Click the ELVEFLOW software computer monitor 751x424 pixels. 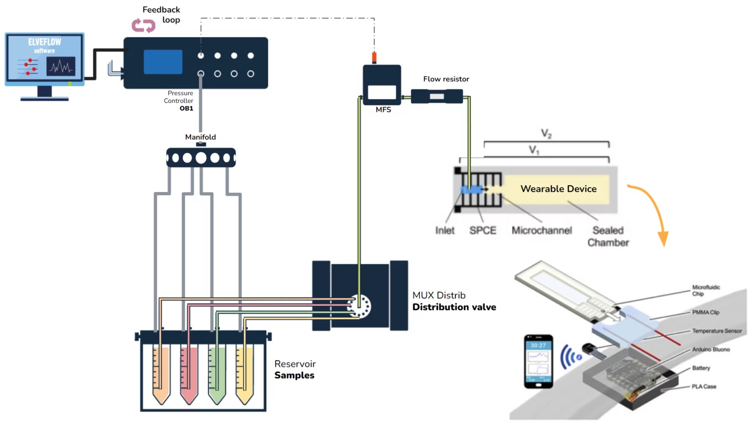[44, 59]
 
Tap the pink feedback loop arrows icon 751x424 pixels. [143, 25]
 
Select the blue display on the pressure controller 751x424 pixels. [163, 62]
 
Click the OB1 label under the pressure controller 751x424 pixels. [186, 108]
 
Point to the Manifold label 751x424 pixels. [200, 137]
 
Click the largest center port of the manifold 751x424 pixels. [201, 158]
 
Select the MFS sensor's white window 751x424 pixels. [382, 92]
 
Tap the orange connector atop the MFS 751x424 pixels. [375, 58]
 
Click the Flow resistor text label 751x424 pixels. [446, 79]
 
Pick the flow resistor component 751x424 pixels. [437, 96]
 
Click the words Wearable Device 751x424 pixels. [558, 189]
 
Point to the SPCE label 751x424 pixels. [483, 231]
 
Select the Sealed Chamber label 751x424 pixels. [608, 236]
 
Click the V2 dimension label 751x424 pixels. [546, 133]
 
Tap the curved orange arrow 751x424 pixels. [653, 210]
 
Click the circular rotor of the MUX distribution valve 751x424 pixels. [359, 307]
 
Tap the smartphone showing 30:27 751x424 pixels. [538, 361]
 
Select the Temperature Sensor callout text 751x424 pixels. [717, 331]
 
